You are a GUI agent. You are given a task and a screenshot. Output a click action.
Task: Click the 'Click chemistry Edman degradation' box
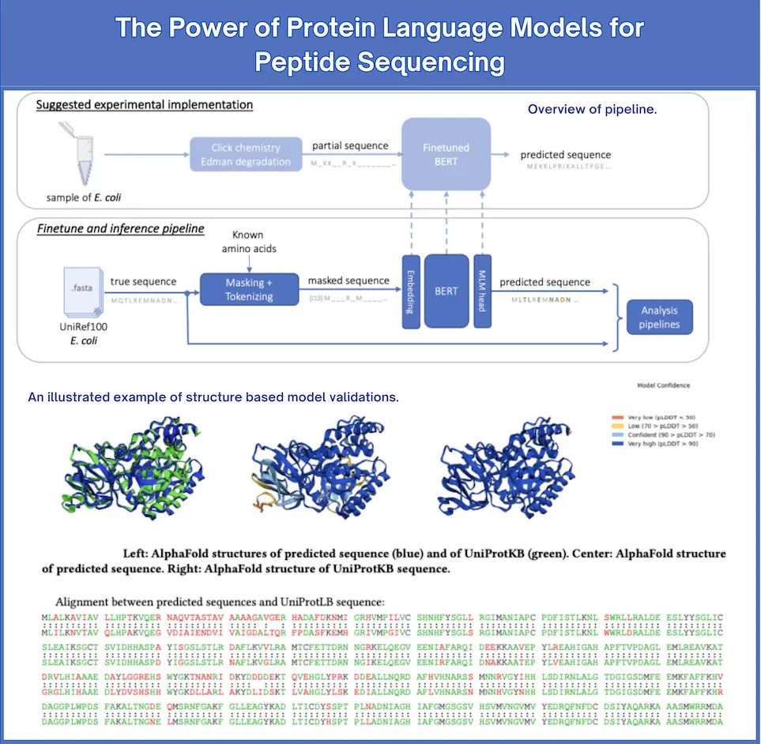coord(246,155)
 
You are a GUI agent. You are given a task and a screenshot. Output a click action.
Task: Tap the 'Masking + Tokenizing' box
coord(249,290)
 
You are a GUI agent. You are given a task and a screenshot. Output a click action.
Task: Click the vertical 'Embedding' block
coord(411,291)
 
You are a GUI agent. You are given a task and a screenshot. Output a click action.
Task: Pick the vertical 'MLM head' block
coord(482,291)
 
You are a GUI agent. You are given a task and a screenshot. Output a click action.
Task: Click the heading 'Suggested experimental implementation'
coord(145,104)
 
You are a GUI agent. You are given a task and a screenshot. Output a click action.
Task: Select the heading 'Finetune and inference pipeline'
coord(121,229)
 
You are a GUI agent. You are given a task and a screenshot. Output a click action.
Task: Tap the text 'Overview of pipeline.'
coord(592,109)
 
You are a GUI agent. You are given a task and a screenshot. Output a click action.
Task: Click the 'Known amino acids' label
coord(249,242)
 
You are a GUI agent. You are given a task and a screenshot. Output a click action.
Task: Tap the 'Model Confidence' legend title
coord(663,385)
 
